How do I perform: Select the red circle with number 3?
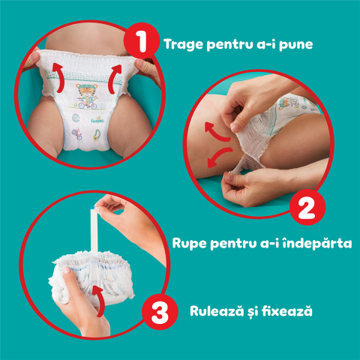click(159, 313)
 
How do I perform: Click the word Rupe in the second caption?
click(193, 244)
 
